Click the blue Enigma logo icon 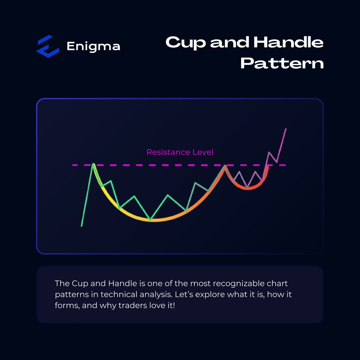[x=48, y=46]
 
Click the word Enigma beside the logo [x=93, y=46]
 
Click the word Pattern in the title [x=282, y=63]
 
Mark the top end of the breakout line [x=286, y=129]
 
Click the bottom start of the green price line [x=82, y=226]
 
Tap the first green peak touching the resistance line [x=93, y=164]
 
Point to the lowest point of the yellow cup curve [x=151, y=220]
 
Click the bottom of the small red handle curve [x=247, y=188]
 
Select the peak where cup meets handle [x=224, y=166]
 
